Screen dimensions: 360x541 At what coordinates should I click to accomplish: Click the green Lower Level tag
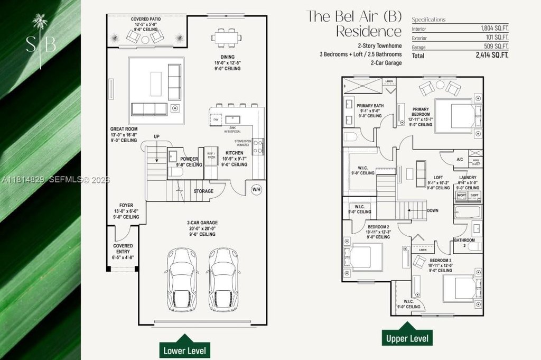(185, 349)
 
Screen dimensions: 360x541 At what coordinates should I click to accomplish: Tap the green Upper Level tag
(407, 337)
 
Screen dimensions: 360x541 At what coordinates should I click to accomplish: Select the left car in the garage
(182, 280)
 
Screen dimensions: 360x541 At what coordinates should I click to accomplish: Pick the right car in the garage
(222, 280)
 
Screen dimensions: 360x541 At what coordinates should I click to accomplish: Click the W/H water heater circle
(256, 189)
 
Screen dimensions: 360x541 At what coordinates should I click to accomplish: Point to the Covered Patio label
(146, 19)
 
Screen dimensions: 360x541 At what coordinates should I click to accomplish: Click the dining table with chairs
(227, 38)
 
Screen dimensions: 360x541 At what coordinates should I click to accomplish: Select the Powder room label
(189, 159)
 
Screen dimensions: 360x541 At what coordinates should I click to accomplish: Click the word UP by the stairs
(157, 136)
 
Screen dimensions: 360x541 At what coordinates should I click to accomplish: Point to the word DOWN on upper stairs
(432, 210)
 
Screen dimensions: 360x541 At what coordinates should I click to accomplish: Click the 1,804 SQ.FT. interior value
(495, 27)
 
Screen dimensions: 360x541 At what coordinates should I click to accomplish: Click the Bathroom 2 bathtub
(468, 213)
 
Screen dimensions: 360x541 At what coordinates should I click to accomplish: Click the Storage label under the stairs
(203, 191)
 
